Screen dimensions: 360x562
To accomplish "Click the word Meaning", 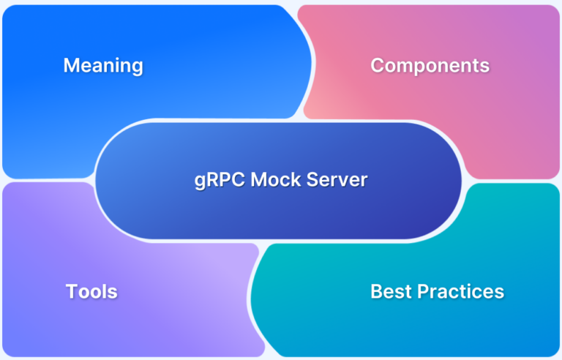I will (103, 66).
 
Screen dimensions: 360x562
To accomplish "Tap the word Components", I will (430, 65).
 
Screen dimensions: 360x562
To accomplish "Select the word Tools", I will (91, 292).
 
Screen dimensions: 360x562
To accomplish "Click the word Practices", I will (461, 291).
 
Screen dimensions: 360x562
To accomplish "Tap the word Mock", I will (273, 180).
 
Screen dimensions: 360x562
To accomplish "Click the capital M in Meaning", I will (71, 66).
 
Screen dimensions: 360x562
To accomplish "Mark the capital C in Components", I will (378, 65).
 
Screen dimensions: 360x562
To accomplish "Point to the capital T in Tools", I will (71, 292).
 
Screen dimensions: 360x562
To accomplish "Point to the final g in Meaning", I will (136, 68).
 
